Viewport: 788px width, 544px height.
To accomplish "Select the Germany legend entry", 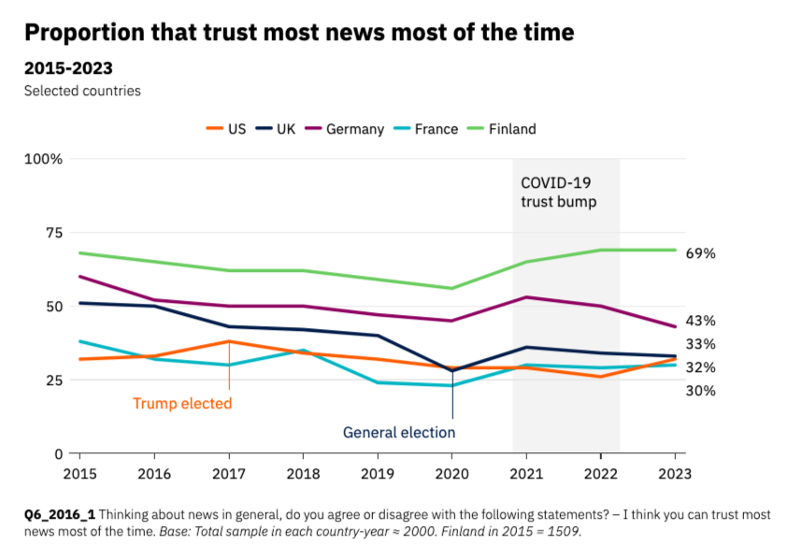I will pos(345,129).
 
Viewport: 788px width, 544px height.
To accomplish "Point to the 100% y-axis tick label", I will pos(43,159).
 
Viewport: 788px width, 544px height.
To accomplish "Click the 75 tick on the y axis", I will pos(50,233).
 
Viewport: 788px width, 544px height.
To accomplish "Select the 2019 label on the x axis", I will pos(378,473).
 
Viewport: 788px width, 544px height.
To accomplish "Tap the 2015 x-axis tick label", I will pos(79,473).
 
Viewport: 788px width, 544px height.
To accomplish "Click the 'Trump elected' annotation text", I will pos(181,404).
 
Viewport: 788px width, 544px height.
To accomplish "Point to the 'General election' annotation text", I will pos(399,433).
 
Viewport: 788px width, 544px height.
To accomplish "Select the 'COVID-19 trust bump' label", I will pos(558,192).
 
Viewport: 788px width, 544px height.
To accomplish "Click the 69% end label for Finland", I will pos(700,253).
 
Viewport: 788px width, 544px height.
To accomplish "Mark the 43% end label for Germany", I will pos(700,321).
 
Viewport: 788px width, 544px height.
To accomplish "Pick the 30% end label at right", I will pos(700,391).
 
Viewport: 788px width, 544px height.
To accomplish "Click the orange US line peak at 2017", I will pos(229,341).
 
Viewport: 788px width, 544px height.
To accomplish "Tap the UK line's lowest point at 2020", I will pos(452,370).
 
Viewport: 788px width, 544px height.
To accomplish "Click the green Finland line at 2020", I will pos(452,288).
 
